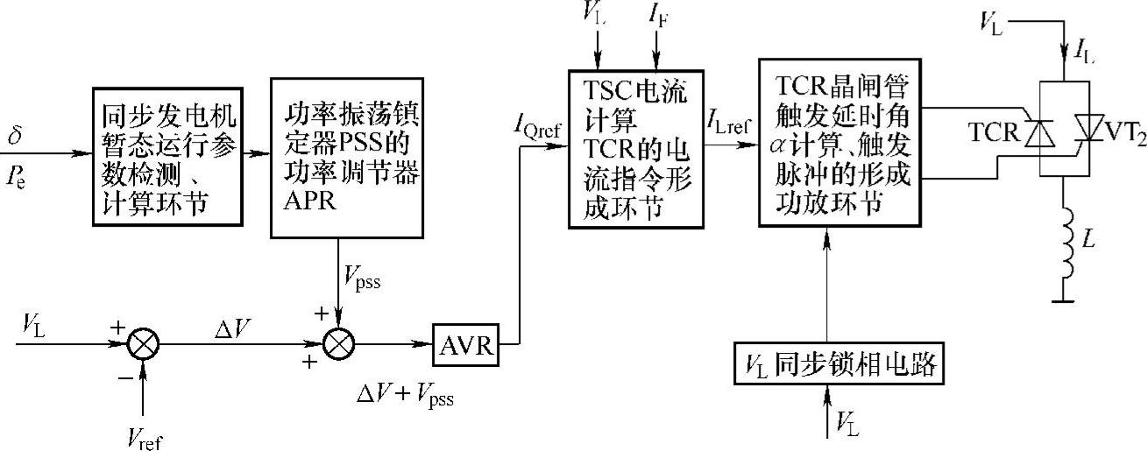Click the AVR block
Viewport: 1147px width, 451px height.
click(x=465, y=348)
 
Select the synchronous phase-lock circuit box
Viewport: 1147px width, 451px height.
click(x=839, y=365)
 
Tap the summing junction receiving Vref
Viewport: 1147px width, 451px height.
click(x=142, y=345)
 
